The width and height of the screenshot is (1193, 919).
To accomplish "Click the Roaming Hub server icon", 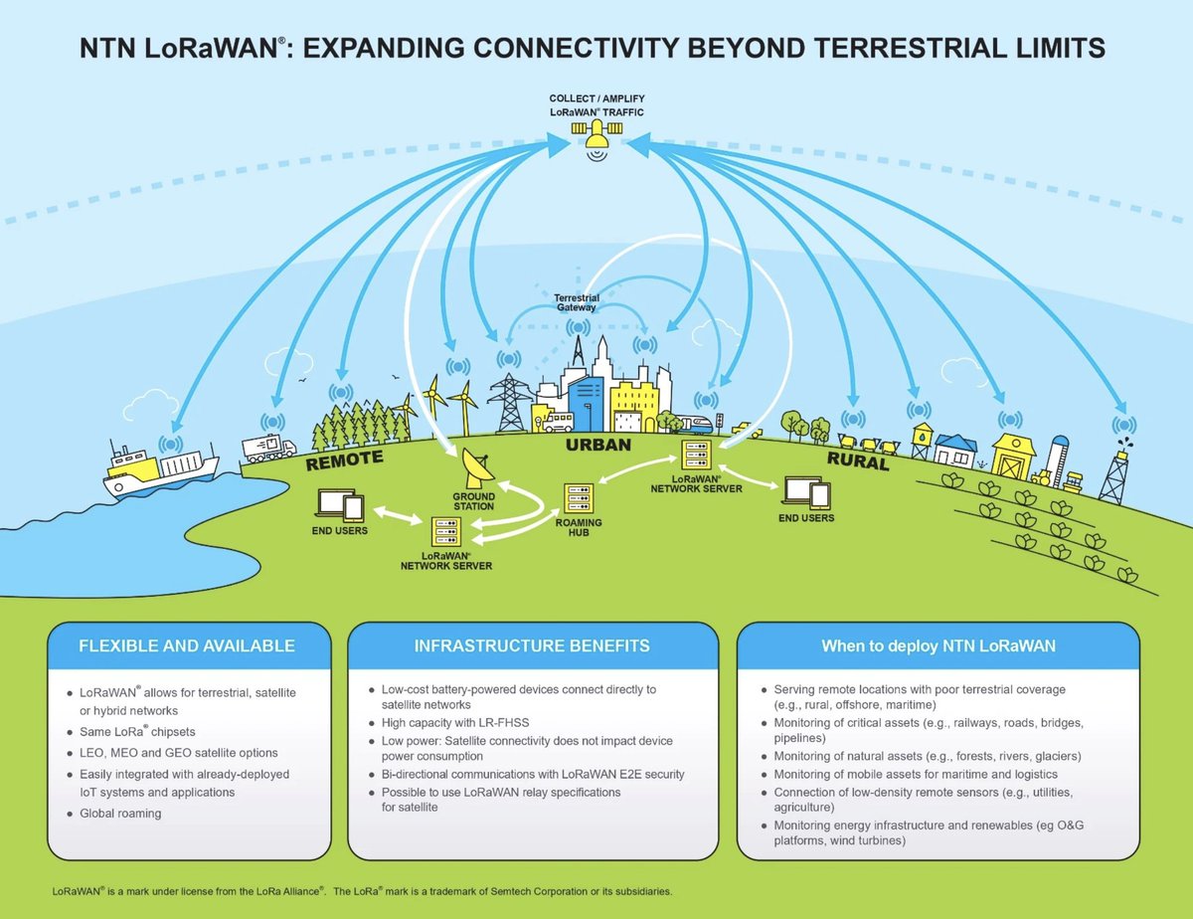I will [x=579, y=497].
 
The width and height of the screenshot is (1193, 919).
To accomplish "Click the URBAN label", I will [x=598, y=445].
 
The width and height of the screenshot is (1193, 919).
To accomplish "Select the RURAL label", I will [x=857, y=462].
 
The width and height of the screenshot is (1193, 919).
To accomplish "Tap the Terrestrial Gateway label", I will [x=575, y=302].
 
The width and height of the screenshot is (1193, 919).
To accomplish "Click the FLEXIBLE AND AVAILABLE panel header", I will [x=187, y=645].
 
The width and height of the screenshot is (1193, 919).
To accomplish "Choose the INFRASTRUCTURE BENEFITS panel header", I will [x=532, y=645].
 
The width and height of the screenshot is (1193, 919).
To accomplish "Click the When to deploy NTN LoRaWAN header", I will [x=937, y=645].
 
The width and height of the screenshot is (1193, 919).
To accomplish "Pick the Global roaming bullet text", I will [x=120, y=813].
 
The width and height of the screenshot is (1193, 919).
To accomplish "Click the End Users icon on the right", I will [x=805, y=492].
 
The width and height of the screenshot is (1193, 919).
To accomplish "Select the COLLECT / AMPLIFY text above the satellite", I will [x=596, y=99].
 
